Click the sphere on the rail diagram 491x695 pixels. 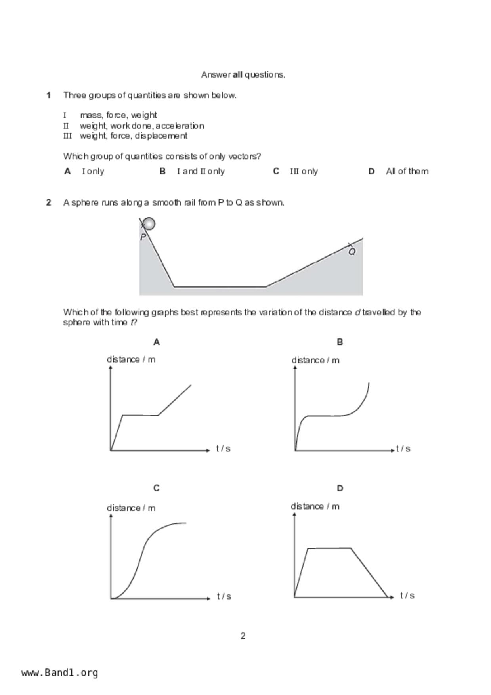(149, 224)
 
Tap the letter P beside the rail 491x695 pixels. (143, 237)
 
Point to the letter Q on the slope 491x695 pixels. (352, 252)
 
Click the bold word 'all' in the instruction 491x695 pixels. (237, 74)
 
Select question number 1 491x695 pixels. (48, 95)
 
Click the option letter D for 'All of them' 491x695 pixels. (371, 171)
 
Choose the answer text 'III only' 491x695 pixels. (304, 171)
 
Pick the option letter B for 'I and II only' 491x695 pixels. (162, 171)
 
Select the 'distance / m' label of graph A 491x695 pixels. (131, 359)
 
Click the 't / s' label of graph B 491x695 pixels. (403, 449)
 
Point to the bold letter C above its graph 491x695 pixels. (157, 488)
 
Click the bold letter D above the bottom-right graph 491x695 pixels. (340, 488)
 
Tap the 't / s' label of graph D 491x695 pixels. (407, 595)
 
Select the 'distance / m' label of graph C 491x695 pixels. (131, 508)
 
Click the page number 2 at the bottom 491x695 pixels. (243, 636)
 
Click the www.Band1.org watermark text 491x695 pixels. (59, 673)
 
